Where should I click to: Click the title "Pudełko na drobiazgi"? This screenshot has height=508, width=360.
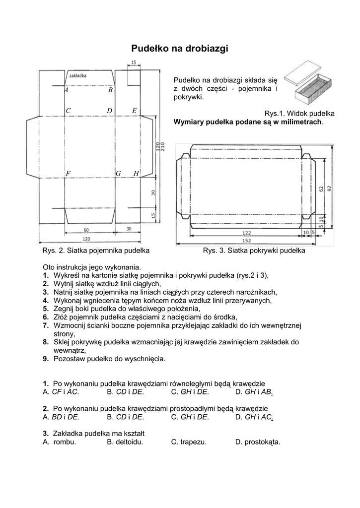[180, 49]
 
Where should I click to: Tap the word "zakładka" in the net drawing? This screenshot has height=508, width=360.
[78, 76]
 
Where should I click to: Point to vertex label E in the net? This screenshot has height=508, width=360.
[134, 111]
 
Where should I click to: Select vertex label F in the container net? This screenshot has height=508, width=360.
[68, 174]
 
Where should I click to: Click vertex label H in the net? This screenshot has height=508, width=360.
[136, 174]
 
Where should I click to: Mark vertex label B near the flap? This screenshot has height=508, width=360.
[110, 90]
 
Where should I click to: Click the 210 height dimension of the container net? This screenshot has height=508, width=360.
[162, 147]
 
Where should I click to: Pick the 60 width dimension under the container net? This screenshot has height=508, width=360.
[86, 230]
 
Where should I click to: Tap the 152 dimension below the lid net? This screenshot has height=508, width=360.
[247, 241]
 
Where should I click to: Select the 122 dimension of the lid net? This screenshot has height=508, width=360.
[247, 233]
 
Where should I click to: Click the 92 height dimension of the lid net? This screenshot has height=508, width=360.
[330, 189]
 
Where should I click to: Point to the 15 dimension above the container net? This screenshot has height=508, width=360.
[134, 62]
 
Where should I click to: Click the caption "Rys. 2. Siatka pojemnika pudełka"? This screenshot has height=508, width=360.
[96, 251]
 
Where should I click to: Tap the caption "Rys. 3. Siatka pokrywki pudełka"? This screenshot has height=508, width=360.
[254, 251]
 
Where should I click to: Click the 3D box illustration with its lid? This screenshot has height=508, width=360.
[307, 83]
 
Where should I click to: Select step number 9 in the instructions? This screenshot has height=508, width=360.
[45, 359]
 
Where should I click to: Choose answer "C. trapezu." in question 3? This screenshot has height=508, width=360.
[189, 442]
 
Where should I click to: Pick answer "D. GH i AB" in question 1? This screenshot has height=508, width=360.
[254, 392]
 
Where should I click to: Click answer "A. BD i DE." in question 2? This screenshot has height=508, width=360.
[61, 417]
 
